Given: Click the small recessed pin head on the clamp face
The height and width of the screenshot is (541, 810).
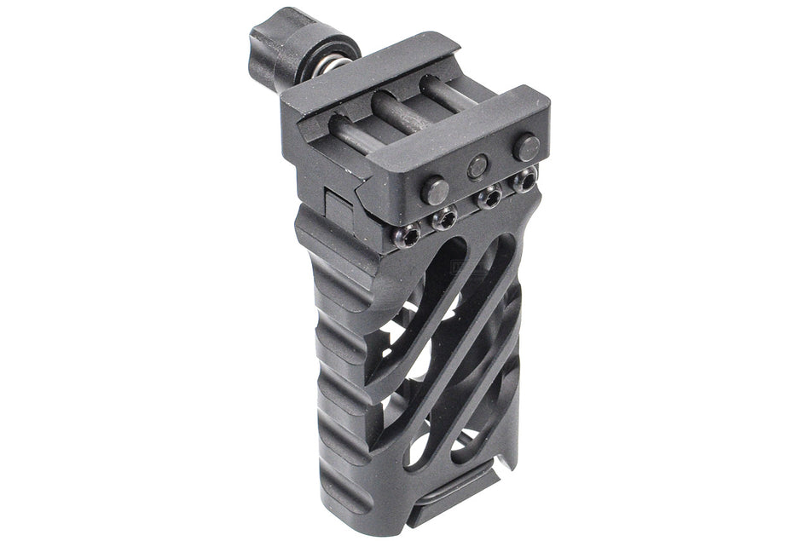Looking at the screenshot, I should click(x=478, y=165).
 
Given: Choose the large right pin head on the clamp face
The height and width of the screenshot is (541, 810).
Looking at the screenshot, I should click(x=526, y=147).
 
